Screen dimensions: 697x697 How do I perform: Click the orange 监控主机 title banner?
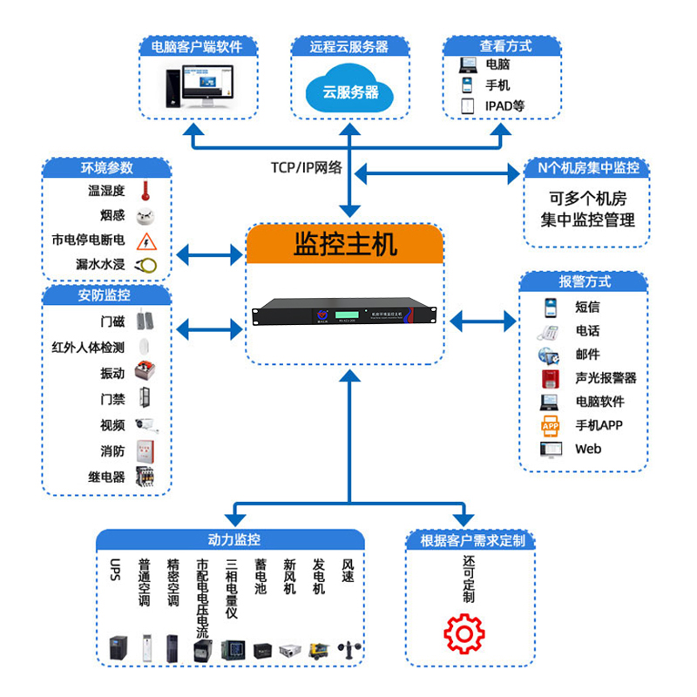(x=345, y=244)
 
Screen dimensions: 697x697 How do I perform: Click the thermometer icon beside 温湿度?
(x=148, y=190)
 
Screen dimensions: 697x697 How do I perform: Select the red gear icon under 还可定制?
(x=463, y=633)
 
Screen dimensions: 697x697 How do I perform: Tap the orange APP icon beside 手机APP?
(x=550, y=425)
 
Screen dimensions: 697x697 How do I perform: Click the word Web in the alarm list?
(x=588, y=450)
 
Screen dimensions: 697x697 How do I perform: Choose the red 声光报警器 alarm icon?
(x=549, y=378)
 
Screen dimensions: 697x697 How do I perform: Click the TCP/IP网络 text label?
(x=306, y=168)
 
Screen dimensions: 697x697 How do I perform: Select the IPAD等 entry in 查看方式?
(x=505, y=106)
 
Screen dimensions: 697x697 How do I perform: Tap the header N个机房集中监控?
(x=587, y=168)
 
